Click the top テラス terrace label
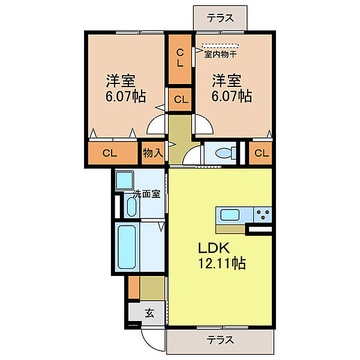pos(220,18)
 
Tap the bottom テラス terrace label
pos(220,340)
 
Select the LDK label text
pos(214,248)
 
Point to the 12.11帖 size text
pos(222,263)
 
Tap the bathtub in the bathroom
pos(127,247)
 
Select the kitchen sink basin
pos(230,215)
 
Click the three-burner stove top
pos(262,214)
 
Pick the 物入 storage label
pos(153,152)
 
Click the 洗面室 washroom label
pos(147,194)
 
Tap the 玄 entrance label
pos(149,313)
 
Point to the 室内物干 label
pos(220,55)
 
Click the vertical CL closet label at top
pos(180,59)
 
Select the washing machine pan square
pos(124,180)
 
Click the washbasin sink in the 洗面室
pos(131,207)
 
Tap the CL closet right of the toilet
pos(261,152)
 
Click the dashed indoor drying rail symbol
pos(220,46)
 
